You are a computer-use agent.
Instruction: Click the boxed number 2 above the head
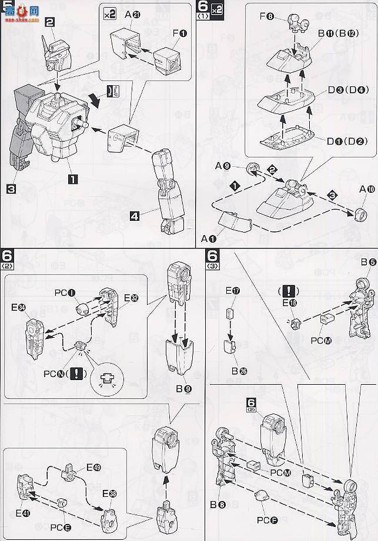point(50,22)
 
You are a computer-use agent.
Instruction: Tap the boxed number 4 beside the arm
point(135,216)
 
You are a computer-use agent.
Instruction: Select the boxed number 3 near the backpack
point(11,189)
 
